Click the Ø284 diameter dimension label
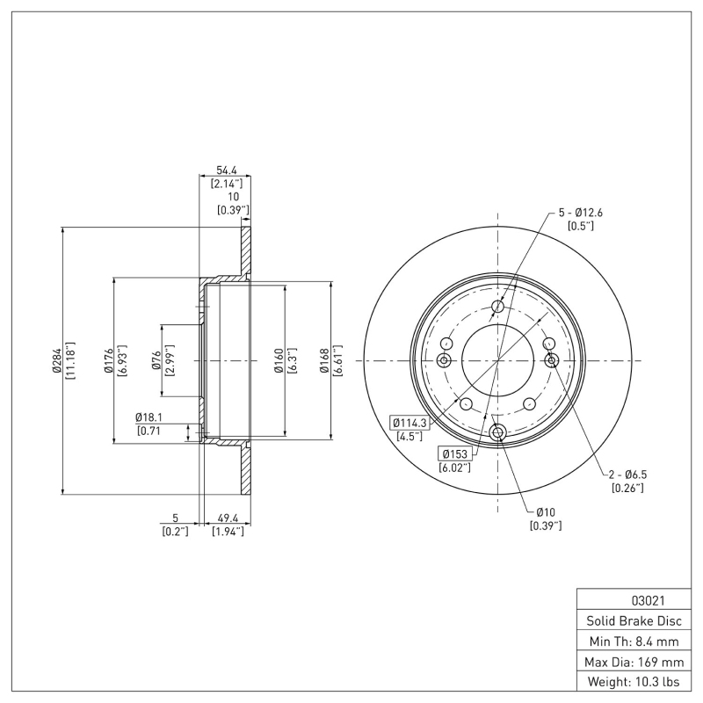(x=57, y=360)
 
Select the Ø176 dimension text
(x=108, y=361)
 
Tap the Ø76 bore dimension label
(x=156, y=361)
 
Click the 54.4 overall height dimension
(x=225, y=170)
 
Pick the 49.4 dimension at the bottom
(x=227, y=518)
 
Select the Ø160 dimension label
(x=278, y=360)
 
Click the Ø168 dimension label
(x=324, y=360)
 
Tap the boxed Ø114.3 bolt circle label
(x=409, y=423)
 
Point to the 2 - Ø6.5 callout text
(x=627, y=474)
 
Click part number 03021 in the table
(x=633, y=601)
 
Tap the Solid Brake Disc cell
(x=633, y=621)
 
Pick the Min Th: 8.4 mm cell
(x=633, y=641)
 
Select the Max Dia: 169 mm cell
(x=633, y=661)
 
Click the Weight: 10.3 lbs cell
(x=633, y=681)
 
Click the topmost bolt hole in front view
(x=498, y=307)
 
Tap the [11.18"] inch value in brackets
(x=69, y=360)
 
